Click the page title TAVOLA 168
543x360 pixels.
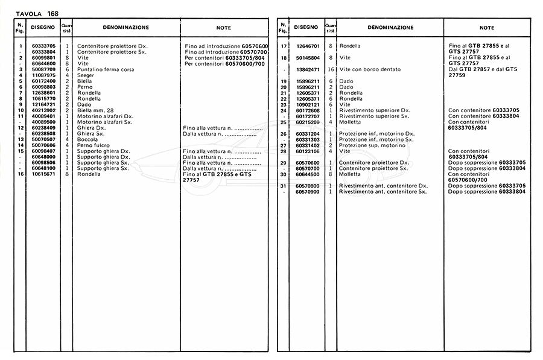pos(37,13)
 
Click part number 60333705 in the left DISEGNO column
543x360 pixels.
pos(43,46)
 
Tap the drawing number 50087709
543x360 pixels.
pos(43,69)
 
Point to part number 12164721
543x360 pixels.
pos(43,104)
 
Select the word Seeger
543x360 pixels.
pos(86,75)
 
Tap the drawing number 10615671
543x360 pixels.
pos(43,174)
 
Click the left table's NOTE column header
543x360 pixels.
pos(223,28)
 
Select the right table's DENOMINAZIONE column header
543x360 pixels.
pos(390,28)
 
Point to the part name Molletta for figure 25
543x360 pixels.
pos(351,122)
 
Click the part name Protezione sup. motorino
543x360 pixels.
pos(372,145)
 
